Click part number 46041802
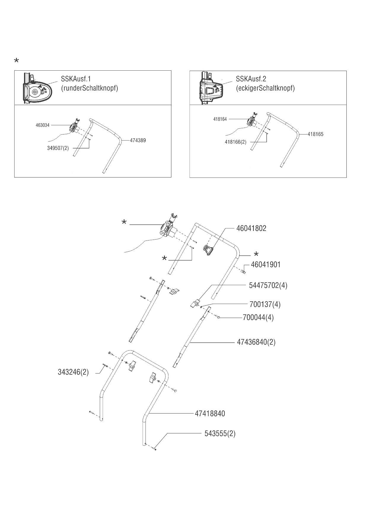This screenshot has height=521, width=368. pos(251,228)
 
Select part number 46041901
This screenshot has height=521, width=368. pos(265,265)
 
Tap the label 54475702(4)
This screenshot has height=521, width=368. pos(268,285)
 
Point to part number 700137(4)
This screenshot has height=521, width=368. pos(265,304)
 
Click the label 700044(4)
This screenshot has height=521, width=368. pos(258,317)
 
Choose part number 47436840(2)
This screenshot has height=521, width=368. pos(256,342)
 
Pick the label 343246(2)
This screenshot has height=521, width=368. pos(73,372)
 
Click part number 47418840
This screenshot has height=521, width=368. pos(210,413)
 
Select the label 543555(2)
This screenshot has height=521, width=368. pos(220,433)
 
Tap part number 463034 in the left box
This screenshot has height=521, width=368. pos(42,125)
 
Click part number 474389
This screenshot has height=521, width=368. pos(138,140)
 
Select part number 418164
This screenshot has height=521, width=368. pos(220,119)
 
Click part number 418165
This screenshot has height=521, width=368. pos(316,134)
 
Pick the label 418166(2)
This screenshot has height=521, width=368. pos(235,142)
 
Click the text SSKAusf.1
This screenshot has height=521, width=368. pos(76,79)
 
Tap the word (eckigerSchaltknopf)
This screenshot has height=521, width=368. pos(265,88)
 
